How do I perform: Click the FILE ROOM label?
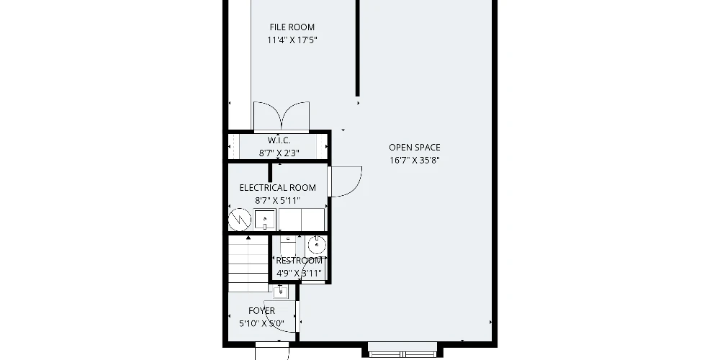pyautogui.click(x=292, y=27)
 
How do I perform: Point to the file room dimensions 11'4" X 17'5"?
pyautogui.click(x=292, y=40)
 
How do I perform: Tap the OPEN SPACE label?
pyautogui.click(x=414, y=148)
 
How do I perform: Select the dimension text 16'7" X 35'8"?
pyautogui.click(x=414, y=161)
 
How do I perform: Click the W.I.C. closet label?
pyautogui.click(x=279, y=140)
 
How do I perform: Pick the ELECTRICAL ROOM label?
pyautogui.click(x=277, y=188)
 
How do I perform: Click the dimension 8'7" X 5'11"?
pyautogui.click(x=277, y=201)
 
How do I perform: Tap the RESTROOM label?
pyautogui.click(x=299, y=261)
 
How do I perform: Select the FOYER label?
pyautogui.click(x=262, y=311)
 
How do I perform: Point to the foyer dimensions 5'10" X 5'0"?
pyautogui.click(x=262, y=324)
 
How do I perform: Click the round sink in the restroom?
pyautogui.click(x=316, y=246)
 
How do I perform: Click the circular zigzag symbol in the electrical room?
pyautogui.click(x=240, y=220)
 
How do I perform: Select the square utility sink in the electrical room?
pyautogui.click(x=265, y=220)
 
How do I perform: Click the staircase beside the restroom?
pyautogui.click(x=248, y=263)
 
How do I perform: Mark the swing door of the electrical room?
pyautogui.click(x=346, y=182)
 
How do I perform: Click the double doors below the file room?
pyautogui.click(x=282, y=117)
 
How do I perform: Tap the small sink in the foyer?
pyautogui.click(x=280, y=292)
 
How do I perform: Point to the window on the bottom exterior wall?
pyautogui.click(x=402, y=354)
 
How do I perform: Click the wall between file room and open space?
pyautogui.click(x=358, y=48)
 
